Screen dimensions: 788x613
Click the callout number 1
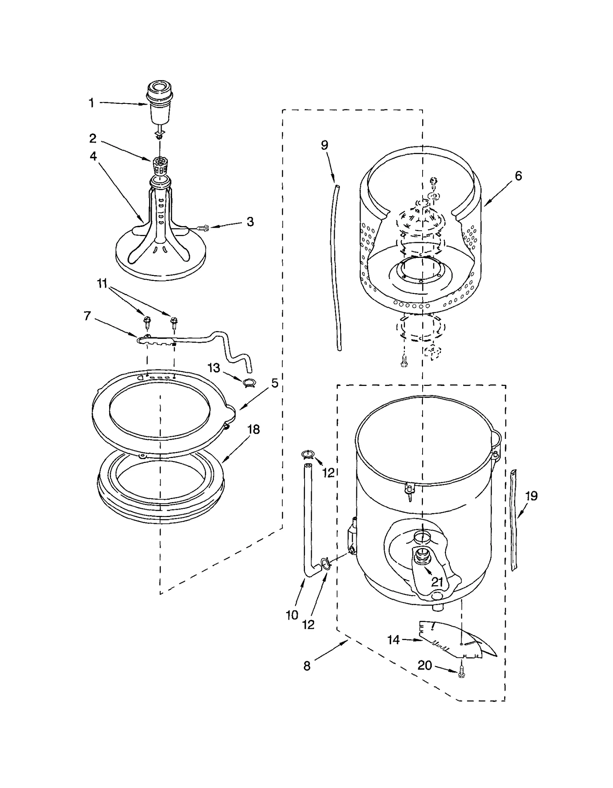pos(91,103)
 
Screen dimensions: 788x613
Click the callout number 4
pos(93,156)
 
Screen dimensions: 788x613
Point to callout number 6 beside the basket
pos(518,176)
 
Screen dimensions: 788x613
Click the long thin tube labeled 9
pos(334,268)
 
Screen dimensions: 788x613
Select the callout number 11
pos(102,284)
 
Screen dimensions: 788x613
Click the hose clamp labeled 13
pos(248,382)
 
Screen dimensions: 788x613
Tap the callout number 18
pos(254,429)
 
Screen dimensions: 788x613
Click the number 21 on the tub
pos(437,582)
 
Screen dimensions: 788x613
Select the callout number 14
pos(393,640)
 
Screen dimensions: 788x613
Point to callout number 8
pos(307,666)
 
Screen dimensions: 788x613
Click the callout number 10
pos(292,615)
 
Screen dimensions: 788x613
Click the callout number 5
pos(275,383)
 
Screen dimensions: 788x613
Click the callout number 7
pos(87,316)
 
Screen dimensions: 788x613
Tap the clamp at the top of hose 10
pos(308,455)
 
